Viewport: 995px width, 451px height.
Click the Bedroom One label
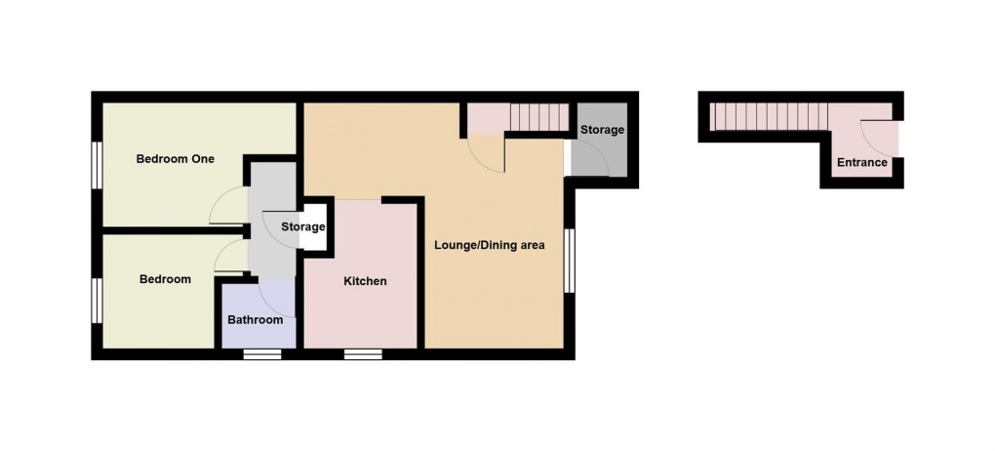click(175, 158)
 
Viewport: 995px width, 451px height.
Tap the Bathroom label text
click(256, 320)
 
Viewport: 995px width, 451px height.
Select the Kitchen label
click(365, 281)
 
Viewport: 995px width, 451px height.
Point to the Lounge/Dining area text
click(489, 244)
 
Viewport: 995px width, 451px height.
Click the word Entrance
click(861, 162)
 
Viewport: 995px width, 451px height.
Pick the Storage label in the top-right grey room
click(602, 130)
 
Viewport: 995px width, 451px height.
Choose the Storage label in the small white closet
click(302, 227)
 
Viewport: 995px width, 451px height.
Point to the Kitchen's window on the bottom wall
click(363, 353)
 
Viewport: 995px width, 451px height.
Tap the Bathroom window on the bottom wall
click(261, 353)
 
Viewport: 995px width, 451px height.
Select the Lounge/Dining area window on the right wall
click(569, 260)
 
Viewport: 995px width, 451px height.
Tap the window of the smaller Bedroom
click(98, 298)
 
